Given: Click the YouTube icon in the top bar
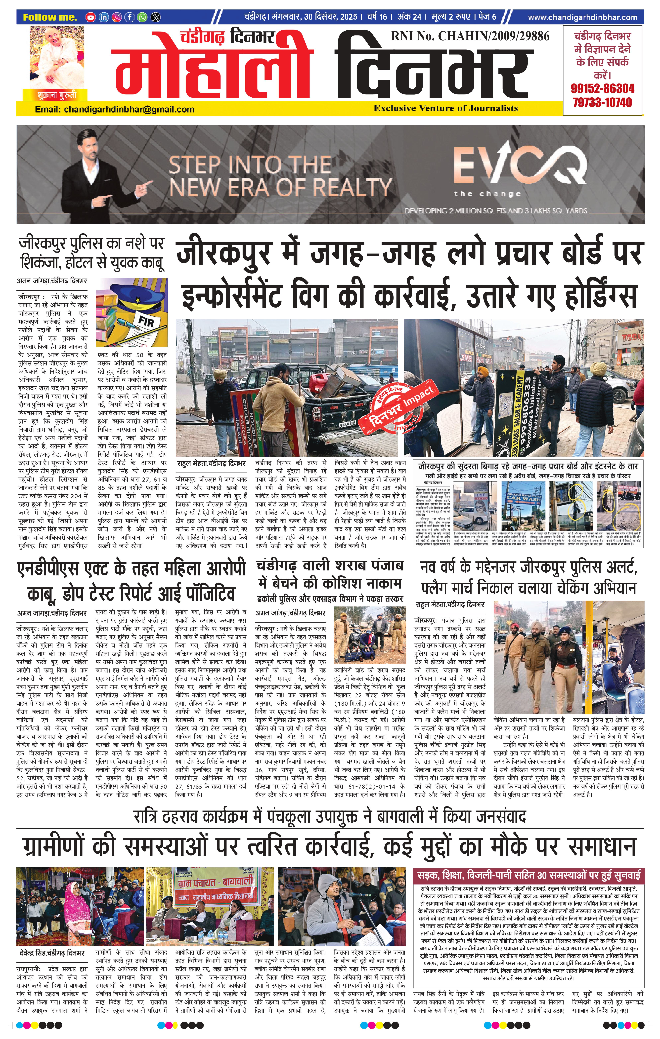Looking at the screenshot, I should (90, 17).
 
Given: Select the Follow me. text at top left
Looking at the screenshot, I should (50, 17).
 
